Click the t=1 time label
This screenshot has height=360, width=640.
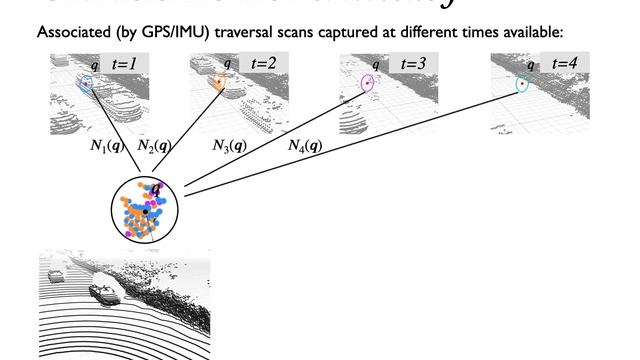126,64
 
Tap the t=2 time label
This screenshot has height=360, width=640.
265,64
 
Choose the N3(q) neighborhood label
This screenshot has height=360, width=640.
231,146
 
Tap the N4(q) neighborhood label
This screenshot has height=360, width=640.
304,146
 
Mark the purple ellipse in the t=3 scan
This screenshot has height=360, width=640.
367,83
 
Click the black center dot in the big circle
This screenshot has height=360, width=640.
146,212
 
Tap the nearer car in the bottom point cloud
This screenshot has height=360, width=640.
103,292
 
